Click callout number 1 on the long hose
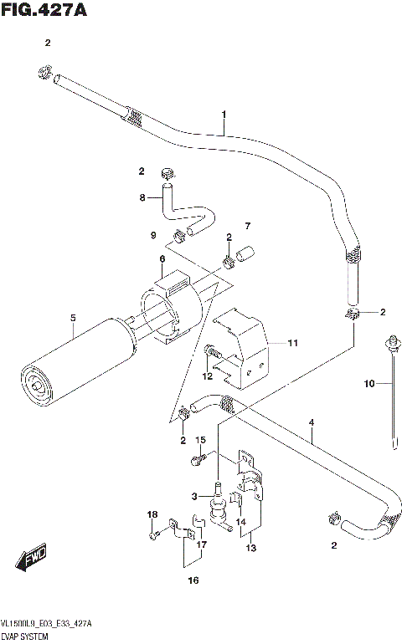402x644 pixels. click(224, 115)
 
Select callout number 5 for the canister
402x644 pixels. click(73, 317)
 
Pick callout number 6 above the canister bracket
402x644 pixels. click(162, 259)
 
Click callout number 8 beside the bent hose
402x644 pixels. click(143, 197)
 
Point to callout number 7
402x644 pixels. click(247, 226)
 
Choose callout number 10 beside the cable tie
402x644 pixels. click(367, 384)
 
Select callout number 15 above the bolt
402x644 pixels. click(200, 440)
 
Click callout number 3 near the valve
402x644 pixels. click(194, 496)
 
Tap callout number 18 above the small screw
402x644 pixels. click(152, 514)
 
